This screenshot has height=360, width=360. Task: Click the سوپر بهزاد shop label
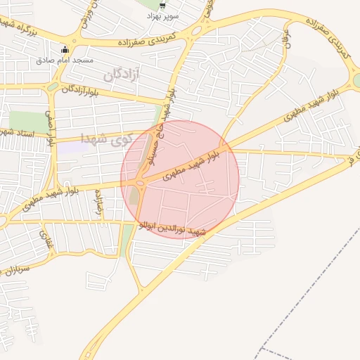(x=163, y=15)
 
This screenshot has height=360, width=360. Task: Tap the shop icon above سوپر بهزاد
(x=163, y=4)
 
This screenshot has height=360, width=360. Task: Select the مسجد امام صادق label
(x=65, y=60)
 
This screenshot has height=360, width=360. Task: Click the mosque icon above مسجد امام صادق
(x=65, y=50)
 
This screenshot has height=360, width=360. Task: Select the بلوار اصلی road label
(x=50, y=127)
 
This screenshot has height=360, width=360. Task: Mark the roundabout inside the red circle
(x=139, y=184)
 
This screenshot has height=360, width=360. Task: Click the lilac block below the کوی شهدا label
(x=67, y=148)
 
